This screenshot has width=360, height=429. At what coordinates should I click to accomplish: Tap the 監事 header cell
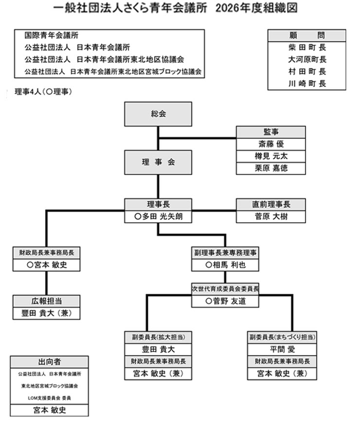pos(271,132)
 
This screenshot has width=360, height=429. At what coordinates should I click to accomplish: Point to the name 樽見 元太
pos(271,156)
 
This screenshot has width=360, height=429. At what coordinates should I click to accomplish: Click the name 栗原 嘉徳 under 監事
pos(271,168)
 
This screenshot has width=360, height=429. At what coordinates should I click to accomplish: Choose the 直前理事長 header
pos(271,204)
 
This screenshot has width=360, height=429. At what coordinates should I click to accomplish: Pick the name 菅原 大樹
pos(271,216)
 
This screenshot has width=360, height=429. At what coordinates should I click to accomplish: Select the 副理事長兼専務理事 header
pos(225,253)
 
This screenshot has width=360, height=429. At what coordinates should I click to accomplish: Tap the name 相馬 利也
pos(225,265)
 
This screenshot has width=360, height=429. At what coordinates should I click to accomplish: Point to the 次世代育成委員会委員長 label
pos(225,288)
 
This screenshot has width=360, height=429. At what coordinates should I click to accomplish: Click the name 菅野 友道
pos(225,301)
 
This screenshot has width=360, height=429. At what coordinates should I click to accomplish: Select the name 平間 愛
pos(283,349)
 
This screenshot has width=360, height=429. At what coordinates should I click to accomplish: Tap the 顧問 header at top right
pos(306,36)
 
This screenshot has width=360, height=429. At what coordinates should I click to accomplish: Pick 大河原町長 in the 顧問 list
pos(306,59)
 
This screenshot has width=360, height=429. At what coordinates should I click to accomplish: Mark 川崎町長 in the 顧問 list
pos(306,83)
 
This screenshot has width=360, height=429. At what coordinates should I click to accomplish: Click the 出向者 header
pos(49,362)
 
